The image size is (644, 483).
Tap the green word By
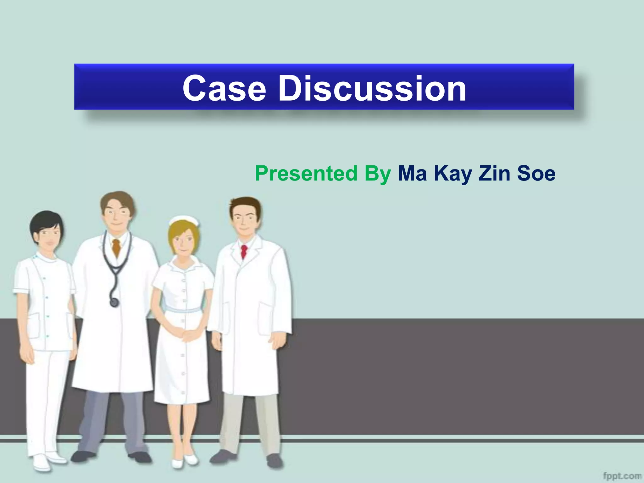378,174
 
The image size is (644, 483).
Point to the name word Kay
453,174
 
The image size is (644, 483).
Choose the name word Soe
536,173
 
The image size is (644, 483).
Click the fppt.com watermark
622,475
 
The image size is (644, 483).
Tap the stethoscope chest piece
114,302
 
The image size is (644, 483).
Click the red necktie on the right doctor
244,252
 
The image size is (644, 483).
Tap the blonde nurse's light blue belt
184,310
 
